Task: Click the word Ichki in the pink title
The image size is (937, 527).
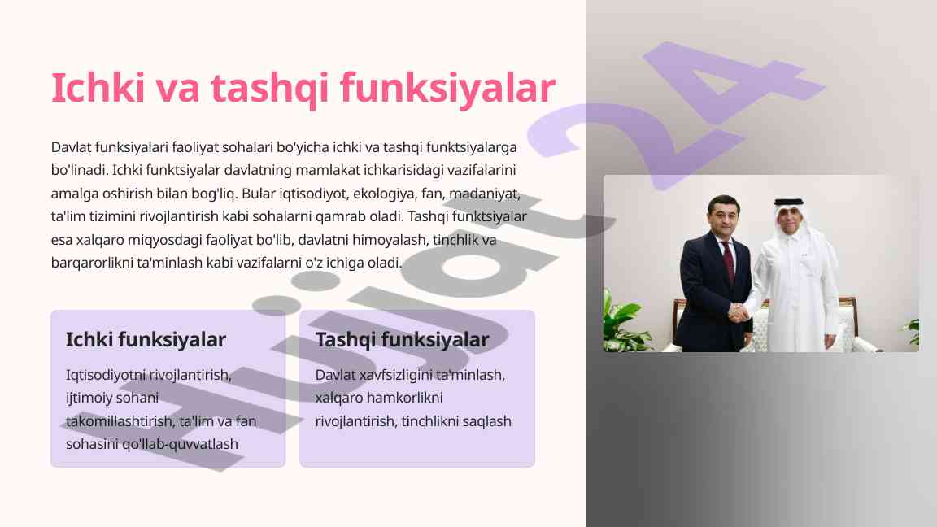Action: [x=98, y=88]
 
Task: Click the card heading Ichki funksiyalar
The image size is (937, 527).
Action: [x=146, y=339]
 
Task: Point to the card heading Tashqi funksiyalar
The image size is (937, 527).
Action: [x=402, y=339]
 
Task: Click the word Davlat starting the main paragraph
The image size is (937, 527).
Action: [x=71, y=147]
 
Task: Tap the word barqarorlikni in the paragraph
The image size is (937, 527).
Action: [x=92, y=263]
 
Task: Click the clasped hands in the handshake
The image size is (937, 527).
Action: [x=739, y=312]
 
